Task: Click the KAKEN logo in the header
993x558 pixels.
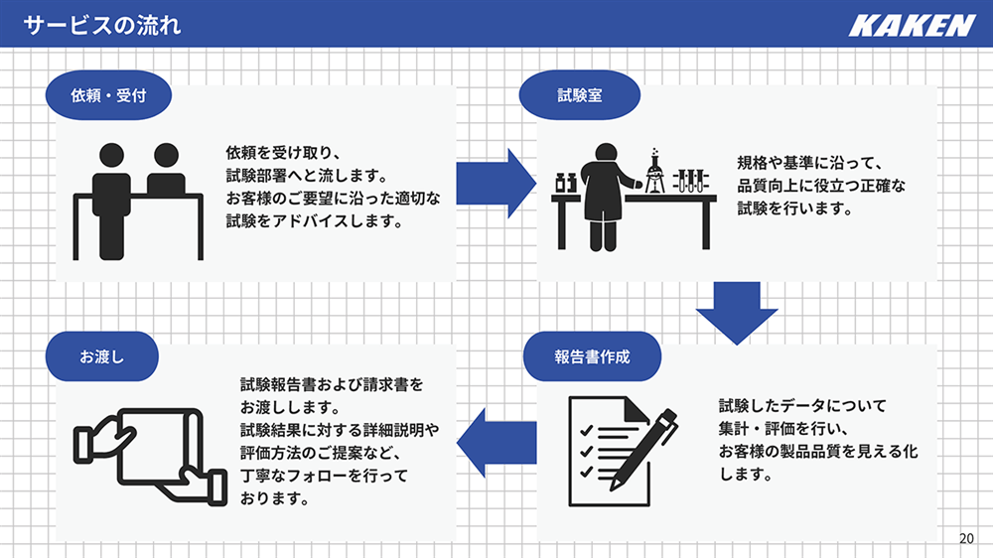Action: coord(912,26)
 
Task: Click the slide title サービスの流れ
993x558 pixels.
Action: coord(102,26)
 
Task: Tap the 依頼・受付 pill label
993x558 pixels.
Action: coord(108,95)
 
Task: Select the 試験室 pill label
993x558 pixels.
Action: coord(580,95)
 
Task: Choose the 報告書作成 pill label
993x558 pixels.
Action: coord(592,356)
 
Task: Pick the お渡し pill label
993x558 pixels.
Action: coord(102,356)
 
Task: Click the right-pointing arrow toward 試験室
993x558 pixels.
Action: coord(496,184)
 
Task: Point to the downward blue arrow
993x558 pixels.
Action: coord(737,313)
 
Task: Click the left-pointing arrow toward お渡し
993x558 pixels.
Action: coord(496,442)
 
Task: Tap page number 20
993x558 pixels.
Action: coord(966,538)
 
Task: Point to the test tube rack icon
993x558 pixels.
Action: coord(690,181)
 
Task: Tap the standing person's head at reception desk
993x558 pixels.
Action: coord(112,155)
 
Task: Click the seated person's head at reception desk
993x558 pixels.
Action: coord(166,155)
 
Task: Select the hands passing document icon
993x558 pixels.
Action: coord(151,456)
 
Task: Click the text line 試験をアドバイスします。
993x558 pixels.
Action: coord(315,221)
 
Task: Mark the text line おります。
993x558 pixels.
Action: coord(275,498)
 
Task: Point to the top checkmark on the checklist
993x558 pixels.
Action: coord(587,431)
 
